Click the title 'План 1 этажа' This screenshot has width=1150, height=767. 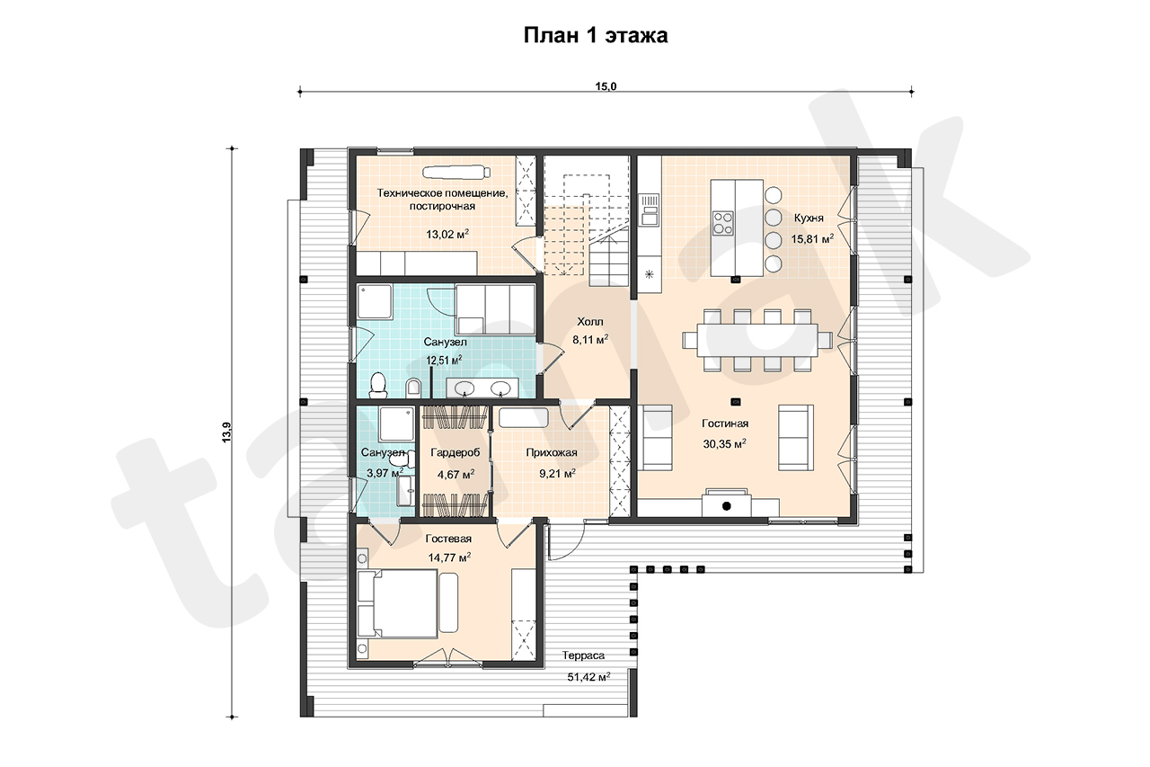click(x=596, y=35)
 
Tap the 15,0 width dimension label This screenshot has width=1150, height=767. click(x=606, y=86)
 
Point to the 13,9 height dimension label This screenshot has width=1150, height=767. click(x=226, y=432)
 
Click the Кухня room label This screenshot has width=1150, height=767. click(x=809, y=218)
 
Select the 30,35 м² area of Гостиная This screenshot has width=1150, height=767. click(x=724, y=444)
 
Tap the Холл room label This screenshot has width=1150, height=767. click(x=590, y=322)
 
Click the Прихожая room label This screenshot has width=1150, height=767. click(x=552, y=452)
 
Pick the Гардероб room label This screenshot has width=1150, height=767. click(x=456, y=452)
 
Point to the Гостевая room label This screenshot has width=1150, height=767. click(x=448, y=539)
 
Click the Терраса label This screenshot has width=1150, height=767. click(x=583, y=656)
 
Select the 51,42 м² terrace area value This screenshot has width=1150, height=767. click(x=588, y=677)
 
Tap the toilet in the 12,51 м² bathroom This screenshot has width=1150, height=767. click(x=378, y=385)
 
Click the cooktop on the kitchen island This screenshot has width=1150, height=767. click(x=723, y=224)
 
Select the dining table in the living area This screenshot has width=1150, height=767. click(x=756, y=340)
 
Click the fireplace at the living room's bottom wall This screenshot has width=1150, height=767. click(x=727, y=504)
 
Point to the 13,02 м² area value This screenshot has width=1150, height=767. click(x=447, y=235)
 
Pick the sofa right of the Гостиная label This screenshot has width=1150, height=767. click(x=796, y=438)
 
